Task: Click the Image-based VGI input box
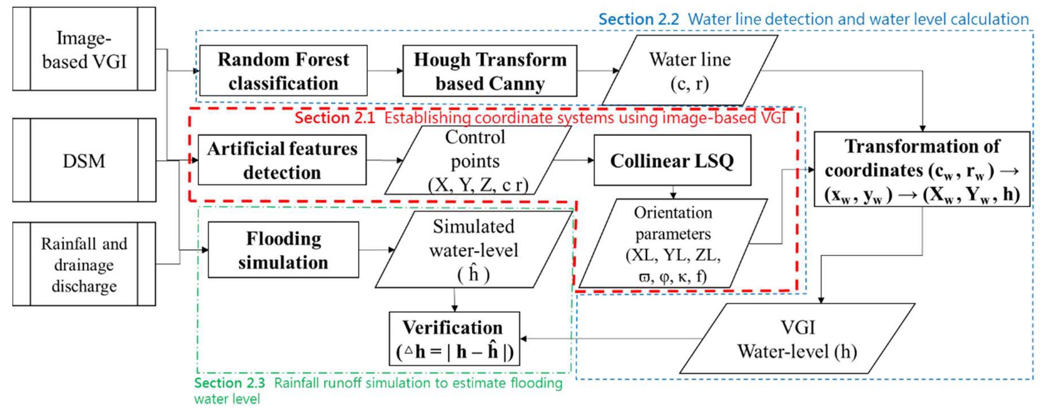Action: [x=84, y=49]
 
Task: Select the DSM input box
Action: [x=84, y=160]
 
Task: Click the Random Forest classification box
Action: [x=283, y=71]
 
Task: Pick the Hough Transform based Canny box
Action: [x=489, y=71]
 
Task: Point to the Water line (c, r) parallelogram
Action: [x=689, y=71]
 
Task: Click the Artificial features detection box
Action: [x=282, y=160]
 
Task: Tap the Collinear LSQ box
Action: [x=672, y=160]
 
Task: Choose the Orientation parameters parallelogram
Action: [x=673, y=243]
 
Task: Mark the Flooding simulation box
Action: [x=283, y=250]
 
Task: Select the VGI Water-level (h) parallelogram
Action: [x=796, y=339]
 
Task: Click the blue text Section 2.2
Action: [x=639, y=19]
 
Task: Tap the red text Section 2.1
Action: [x=335, y=118]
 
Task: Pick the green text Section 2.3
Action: [x=229, y=383]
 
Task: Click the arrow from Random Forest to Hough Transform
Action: [x=385, y=71]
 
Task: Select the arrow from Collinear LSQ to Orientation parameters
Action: [x=673, y=192]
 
